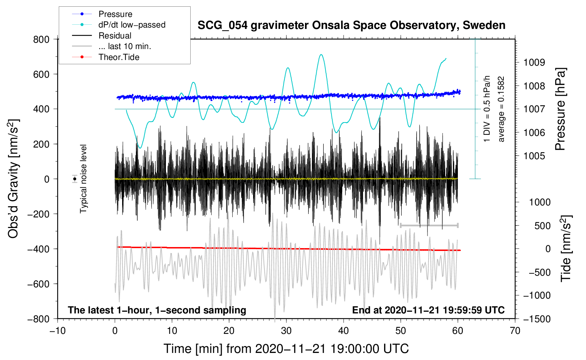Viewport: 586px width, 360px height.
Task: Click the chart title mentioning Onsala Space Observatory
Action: [x=351, y=25]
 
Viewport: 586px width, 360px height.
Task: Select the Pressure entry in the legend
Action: [x=115, y=14]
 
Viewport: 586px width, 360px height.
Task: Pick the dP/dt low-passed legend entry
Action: [x=132, y=25]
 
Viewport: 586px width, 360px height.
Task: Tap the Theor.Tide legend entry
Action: [x=119, y=57]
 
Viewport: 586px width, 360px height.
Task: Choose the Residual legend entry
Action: [x=115, y=36]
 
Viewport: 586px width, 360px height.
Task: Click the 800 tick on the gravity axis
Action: [x=41, y=40]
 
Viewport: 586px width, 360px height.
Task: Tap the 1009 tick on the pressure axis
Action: [x=534, y=62]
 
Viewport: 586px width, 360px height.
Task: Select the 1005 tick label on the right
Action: [x=534, y=156]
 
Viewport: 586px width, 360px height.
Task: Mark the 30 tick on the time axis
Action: [x=286, y=331]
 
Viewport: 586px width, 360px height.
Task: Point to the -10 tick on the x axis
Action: [x=57, y=331]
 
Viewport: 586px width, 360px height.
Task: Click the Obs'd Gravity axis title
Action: [x=13, y=179]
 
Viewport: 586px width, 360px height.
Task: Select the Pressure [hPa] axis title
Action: [x=561, y=109]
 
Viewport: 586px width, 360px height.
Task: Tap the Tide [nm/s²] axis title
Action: [x=566, y=248]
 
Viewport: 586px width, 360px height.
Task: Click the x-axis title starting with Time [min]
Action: [x=286, y=349]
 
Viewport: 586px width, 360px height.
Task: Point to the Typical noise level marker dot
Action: [x=75, y=179]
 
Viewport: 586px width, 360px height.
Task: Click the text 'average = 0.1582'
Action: [x=501, y=109]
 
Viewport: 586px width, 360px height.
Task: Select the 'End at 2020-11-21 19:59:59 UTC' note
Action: [x=428, y=310]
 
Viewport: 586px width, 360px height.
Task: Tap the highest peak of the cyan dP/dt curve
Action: [x=321, y=55]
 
